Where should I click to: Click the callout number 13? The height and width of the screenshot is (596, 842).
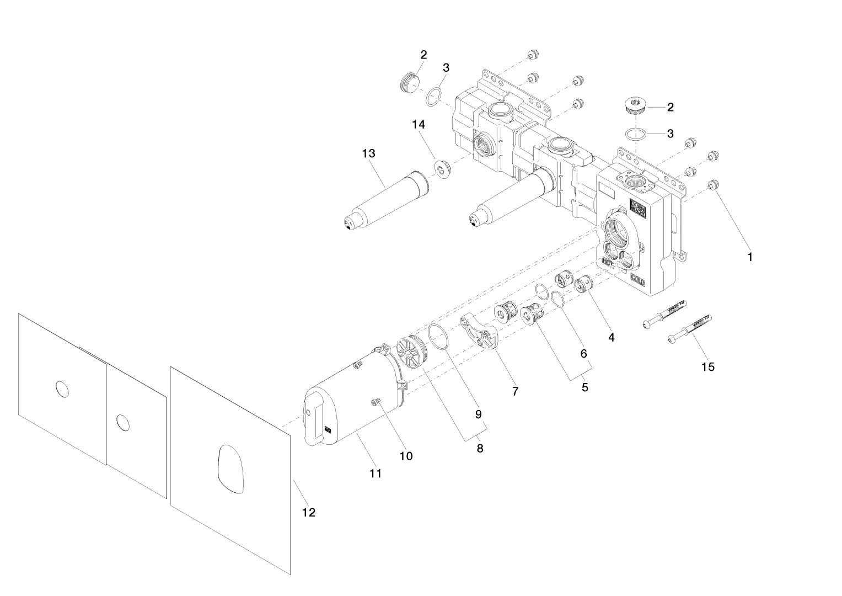tap(368, 153)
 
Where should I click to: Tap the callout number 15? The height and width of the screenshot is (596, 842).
tap(707, 366)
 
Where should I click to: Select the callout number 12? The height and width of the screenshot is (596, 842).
tap(309, 512)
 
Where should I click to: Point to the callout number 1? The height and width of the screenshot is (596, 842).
tap(749, 257)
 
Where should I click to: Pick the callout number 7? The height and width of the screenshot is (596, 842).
tap(515, 391)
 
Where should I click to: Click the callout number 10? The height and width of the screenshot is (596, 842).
tap(406, 456)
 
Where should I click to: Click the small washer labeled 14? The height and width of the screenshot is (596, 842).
tap(442, 168)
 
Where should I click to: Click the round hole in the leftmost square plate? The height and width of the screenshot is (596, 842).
tap(62, 389)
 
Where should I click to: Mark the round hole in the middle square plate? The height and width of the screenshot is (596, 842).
tap(123, 423)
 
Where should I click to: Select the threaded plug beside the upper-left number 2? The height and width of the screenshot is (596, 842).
tap(407, 83)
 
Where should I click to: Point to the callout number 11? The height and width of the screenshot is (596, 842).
tap(376, 473)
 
